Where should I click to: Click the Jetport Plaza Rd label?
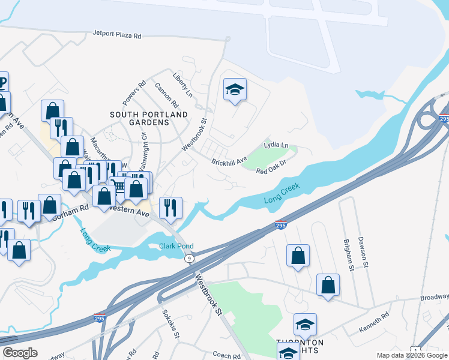click(117, 35)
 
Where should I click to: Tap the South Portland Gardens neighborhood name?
click(149, 118)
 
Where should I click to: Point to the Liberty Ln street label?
click(182, 86)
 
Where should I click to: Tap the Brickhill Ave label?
click(229, 161)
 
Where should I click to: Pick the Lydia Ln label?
click(276, 145)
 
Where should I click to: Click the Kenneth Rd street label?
click(374, 324)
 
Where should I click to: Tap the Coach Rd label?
click(226, 355)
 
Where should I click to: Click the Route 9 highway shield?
click(190, 258)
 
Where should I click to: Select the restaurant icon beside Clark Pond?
click(170, 208)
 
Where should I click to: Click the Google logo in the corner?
click(20, 353)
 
